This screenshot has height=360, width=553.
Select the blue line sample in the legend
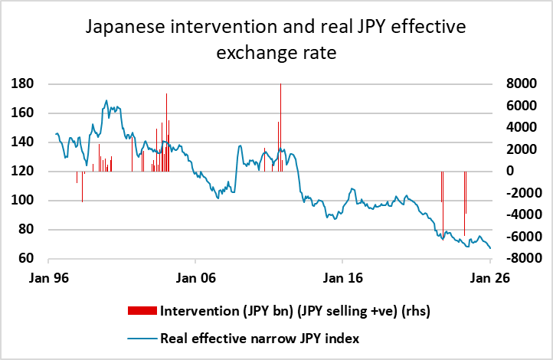click(143, 337)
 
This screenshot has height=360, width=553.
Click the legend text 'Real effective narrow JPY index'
click(260, 337)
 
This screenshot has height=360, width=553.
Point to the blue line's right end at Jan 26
click(490, 247)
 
